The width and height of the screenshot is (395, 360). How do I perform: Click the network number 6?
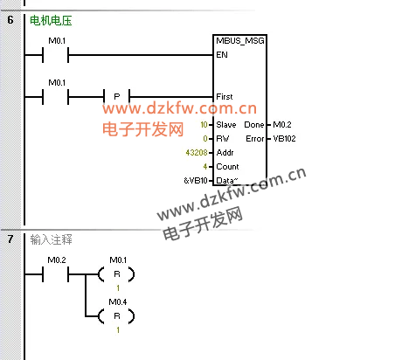[10, 20]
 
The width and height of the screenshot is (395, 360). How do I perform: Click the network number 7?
[10, 239]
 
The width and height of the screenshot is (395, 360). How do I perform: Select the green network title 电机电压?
[51, 21]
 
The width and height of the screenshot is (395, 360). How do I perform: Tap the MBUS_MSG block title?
[240, 41]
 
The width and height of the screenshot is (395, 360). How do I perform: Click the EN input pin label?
[222, 55]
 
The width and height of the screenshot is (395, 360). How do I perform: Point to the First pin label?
[225, 97]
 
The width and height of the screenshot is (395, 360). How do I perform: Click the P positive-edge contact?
[117, 96]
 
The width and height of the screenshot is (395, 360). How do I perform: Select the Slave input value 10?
[204, 125]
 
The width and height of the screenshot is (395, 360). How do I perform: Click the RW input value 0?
[205, 139]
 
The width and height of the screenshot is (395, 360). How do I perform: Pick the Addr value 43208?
[197, 153]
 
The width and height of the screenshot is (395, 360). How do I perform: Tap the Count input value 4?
[205, 167]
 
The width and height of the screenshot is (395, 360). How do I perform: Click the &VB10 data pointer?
[196, 181]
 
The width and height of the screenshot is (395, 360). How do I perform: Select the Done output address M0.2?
[282, 125]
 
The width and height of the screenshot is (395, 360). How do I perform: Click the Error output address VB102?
[284, 139]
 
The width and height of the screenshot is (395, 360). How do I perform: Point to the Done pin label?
[254, 125]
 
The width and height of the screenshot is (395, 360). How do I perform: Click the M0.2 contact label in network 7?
[57, 260]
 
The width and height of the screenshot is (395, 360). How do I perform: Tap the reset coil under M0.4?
[117, 316]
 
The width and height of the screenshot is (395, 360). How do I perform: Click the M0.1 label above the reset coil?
[118, 260]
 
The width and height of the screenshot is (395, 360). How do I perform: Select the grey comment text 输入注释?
[51, 239]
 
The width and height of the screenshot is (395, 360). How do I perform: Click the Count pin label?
[227, 167]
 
